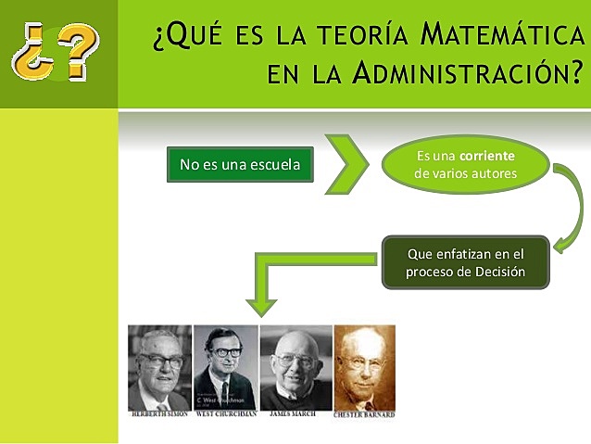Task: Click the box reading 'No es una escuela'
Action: click(x=240, y=165)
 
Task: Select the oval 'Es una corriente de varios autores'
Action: click(x=466, y=165)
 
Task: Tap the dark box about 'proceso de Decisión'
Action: click(x=465, y=261)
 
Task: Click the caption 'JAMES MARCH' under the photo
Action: click(x=295, y=414)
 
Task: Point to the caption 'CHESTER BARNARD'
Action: click(x=364, y=414)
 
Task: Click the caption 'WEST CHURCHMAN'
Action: click(x=226, y=414)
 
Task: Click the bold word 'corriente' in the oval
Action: click(x=490, y=156)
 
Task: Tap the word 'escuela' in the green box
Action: click(x=276, y=165)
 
